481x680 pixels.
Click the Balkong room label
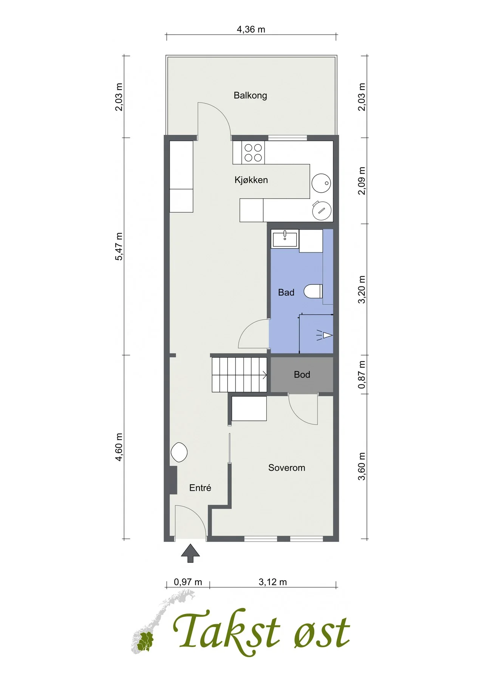250,95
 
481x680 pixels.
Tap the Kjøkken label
251,180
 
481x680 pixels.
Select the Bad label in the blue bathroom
286,292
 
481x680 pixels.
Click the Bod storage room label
302,374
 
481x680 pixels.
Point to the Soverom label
287,468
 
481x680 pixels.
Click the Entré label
200,488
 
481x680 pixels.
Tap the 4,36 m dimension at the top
251,29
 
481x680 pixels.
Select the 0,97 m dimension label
188,582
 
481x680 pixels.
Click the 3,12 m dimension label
273,582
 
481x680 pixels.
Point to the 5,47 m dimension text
119,246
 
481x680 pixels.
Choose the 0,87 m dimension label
362,374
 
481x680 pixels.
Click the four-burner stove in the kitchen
253,153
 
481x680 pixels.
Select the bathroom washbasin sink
285,238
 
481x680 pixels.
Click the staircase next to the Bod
239,374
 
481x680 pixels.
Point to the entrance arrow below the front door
190,553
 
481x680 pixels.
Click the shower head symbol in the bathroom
325,335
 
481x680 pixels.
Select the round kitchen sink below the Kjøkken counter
321,183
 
